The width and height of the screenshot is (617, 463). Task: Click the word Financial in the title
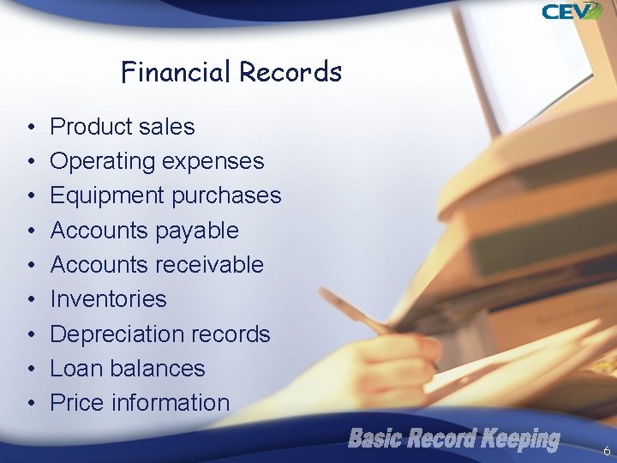[177, 72]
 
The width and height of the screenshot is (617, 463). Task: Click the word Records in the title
[291, 72]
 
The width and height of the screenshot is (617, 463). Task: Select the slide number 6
[607, 450]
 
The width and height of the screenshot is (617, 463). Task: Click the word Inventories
[108, 299]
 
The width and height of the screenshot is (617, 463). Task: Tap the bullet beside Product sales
[30, 128]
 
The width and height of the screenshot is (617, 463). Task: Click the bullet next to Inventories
[30, 300]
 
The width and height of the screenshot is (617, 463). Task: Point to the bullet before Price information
[30, 404]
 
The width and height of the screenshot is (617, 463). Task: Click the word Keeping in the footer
[519, 440]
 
